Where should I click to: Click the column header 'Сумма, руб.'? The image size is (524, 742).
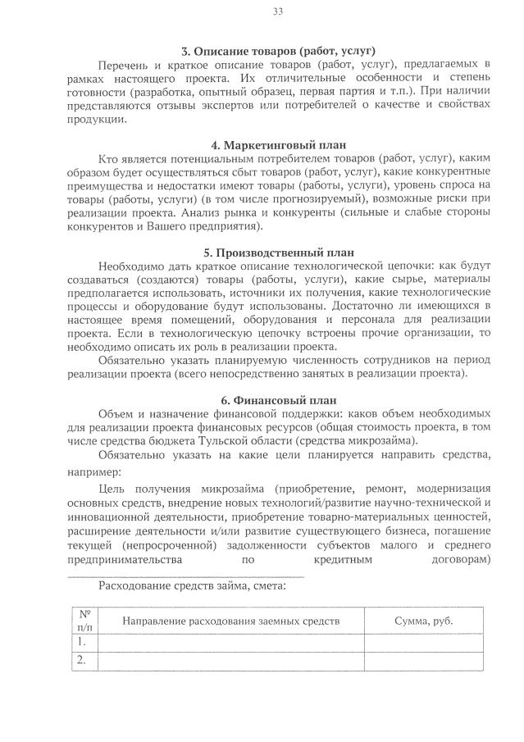point(423,621)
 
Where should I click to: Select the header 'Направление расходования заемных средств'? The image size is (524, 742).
point(230,621)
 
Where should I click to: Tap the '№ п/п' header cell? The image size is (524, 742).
point(84,621)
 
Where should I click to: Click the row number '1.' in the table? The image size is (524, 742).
point(82,642)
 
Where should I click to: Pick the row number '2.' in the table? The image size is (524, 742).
point(82,660)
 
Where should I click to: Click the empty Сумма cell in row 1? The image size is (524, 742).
point(423,642)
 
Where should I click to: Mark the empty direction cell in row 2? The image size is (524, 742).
point(230,660)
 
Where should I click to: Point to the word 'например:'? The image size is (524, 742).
point(93,472)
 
